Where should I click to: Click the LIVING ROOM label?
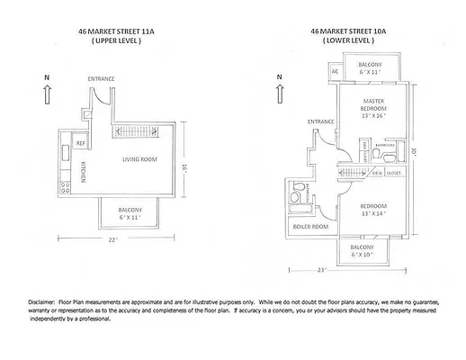[x=142, y=160]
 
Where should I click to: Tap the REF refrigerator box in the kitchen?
[x=80, y=144]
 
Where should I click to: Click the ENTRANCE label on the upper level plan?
[x=101, y=79]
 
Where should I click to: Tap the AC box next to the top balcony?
[x=334, y=71]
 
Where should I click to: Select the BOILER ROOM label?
[x=311, y=226]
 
